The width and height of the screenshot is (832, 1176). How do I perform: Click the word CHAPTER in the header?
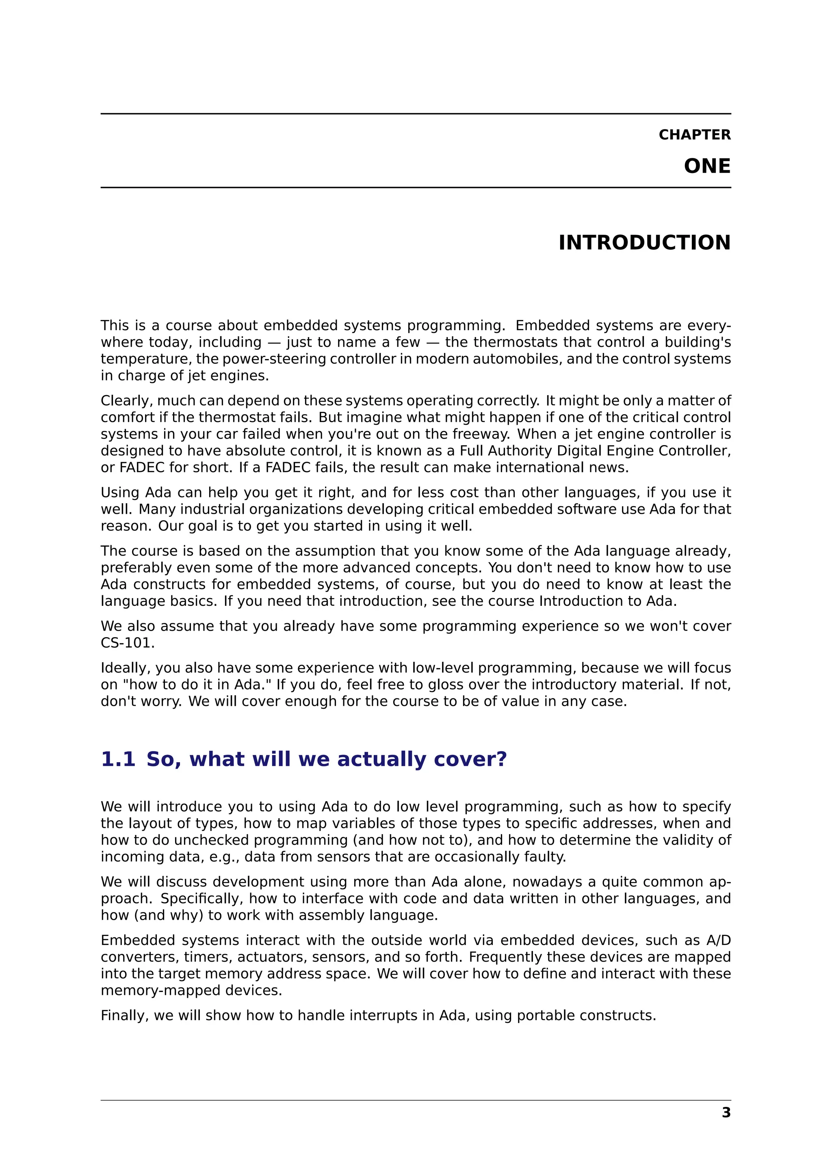[x=694, y=135]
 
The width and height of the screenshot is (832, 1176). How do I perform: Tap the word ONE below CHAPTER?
[x=707, y=166]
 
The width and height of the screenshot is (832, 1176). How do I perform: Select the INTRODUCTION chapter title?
[x=644, y=242]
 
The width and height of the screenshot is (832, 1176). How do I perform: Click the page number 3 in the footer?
[x=726, y=1113]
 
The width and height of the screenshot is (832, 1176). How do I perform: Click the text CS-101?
[x=128, y=643]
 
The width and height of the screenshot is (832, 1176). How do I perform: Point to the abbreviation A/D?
[x=718, y=940]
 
